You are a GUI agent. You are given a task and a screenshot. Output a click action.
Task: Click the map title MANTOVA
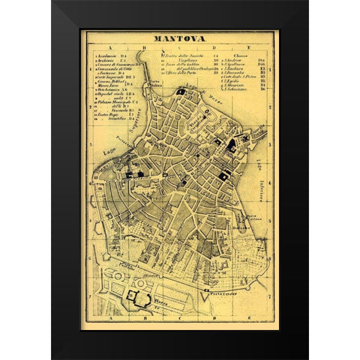[x=180, y=42]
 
